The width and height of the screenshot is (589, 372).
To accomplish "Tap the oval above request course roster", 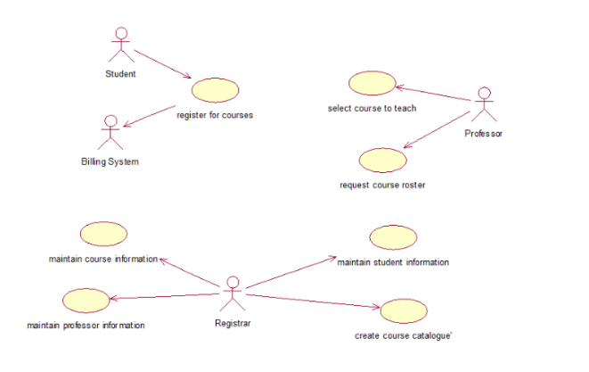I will (x=382, y=160).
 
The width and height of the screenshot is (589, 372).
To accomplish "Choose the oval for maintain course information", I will (x=103, y=235).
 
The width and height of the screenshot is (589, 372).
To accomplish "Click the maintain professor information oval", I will (x=86, y=301).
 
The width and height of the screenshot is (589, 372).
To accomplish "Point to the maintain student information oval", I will (x=393, y=237).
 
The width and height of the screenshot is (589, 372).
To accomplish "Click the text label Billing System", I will (x=110, y=161).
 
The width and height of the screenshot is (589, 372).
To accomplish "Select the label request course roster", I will (x=382, y=185).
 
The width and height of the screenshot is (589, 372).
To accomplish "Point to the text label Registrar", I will (x=233, y=323).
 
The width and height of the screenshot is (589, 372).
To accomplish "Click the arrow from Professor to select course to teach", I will (x=434, y=96).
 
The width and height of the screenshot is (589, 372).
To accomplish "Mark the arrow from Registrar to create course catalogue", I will (x=312, y=299).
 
